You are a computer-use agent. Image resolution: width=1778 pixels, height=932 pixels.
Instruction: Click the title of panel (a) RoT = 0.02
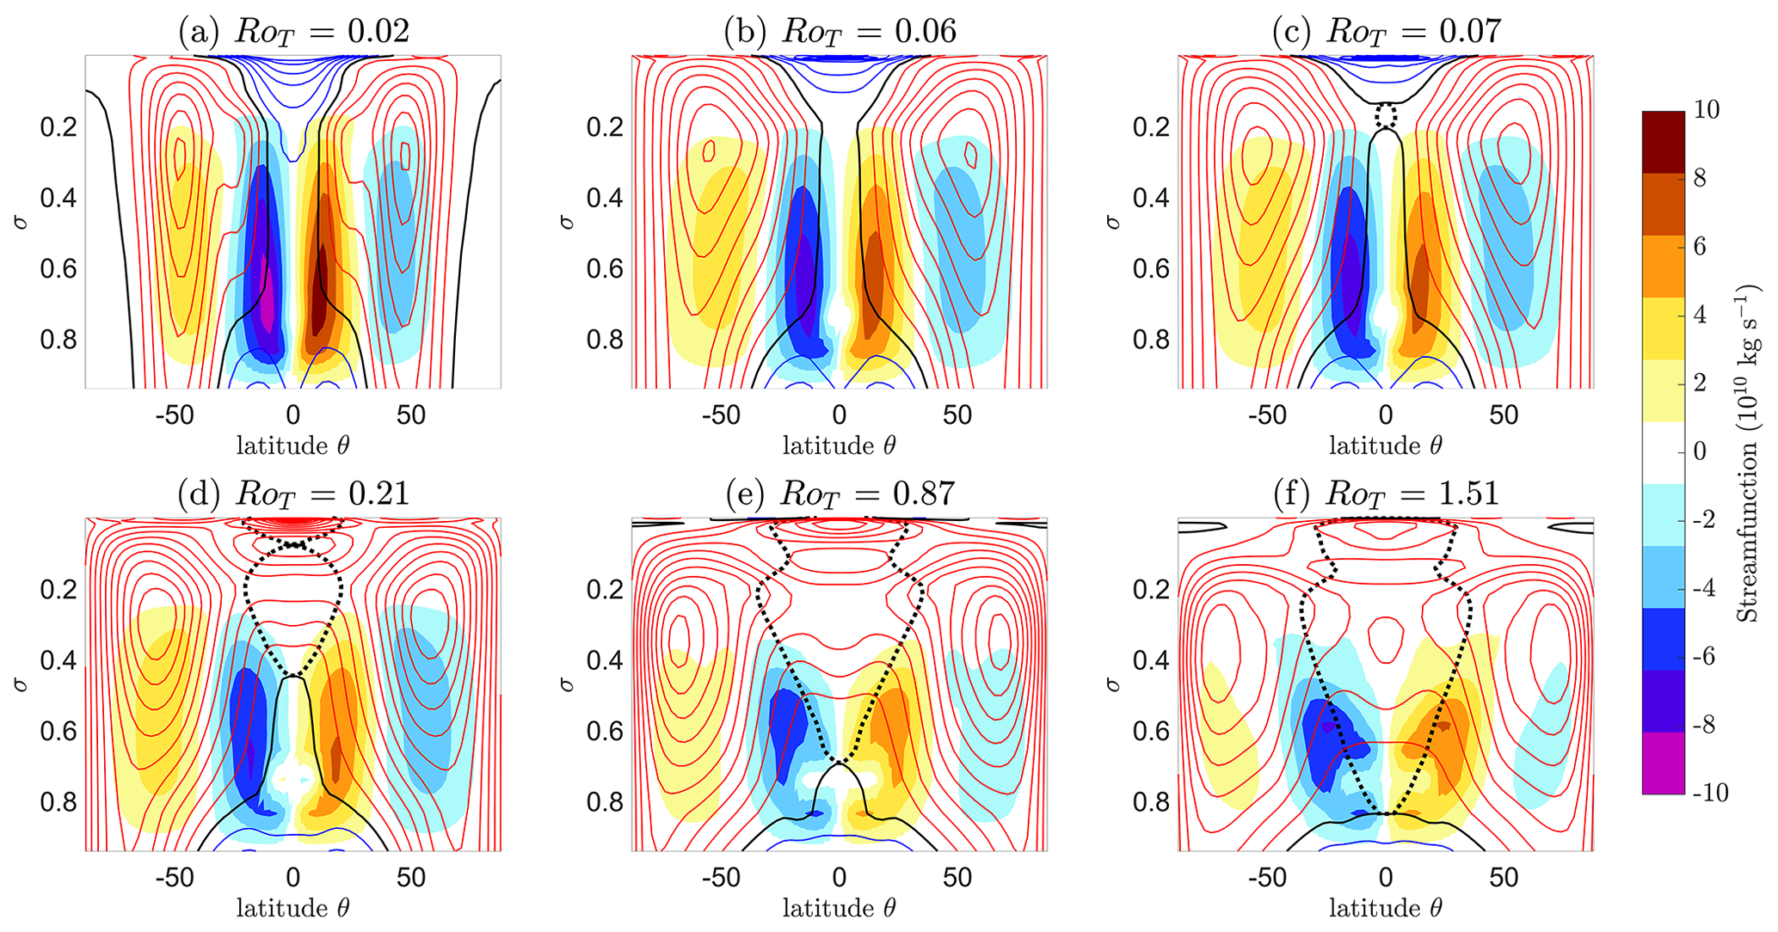tap(293, 32)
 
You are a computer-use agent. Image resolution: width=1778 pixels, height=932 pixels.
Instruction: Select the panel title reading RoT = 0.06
tap(840, 32)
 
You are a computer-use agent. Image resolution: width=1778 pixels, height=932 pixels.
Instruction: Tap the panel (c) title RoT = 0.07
tap(1386, 32)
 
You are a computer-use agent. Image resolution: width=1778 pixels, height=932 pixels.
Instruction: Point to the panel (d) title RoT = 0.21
tap(293, 494)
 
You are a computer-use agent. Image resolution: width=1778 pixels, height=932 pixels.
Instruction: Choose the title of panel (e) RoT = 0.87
tap(840, 494)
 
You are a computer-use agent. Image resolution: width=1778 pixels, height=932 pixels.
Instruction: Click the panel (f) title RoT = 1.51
tap(1386, 494)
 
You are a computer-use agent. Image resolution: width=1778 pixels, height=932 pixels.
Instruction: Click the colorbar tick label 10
tap(1707, 110)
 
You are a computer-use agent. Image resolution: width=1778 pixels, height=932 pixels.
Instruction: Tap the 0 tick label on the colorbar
tap(1700, 451)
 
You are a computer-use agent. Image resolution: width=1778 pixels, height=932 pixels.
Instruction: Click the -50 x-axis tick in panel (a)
tap(175, 415)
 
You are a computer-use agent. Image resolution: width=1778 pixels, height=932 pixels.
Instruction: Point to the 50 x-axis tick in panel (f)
tap(1504, 878)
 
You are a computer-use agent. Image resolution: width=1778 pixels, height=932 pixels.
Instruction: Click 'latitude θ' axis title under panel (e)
tap(840, 908)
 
